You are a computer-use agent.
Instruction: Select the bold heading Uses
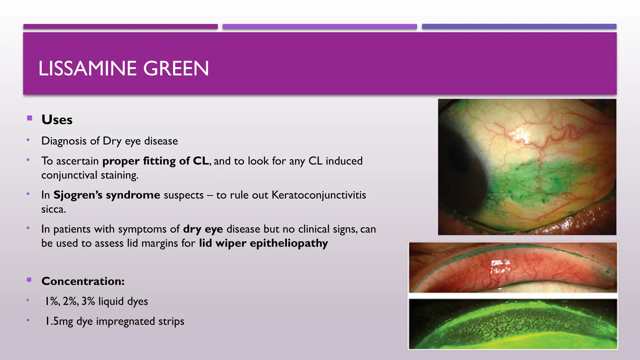pyautogui.click(x=57, y=120)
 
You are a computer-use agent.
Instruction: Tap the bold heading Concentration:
pyautogui.click(x=83, y=281)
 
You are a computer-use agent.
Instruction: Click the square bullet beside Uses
pyautogui.click(x=30, y=118)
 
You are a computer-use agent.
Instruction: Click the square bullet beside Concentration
pyautogui.click(x=29, y=280)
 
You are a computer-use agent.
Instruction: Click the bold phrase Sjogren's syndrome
pyautogui.click(x=107, y=195)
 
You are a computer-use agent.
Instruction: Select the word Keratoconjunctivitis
pyautogui.click(x=318, y=195)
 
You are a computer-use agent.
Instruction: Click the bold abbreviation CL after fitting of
pyautogui.click(x=201, y=161)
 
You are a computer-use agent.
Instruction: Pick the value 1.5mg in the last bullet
pyautogui.click(x=59, y=321)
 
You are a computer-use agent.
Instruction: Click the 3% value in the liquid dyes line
pyautogui.click(x=88, y=301)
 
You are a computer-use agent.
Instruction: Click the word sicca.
pyautogui.click(x=53, y=209)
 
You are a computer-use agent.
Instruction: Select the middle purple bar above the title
pyautogui.click(x=320, y=27)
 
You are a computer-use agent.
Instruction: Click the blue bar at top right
pyautogui.click(x=519, y=27)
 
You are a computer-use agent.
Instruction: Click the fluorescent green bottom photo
pyautogui.click(x=513, y=324)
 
